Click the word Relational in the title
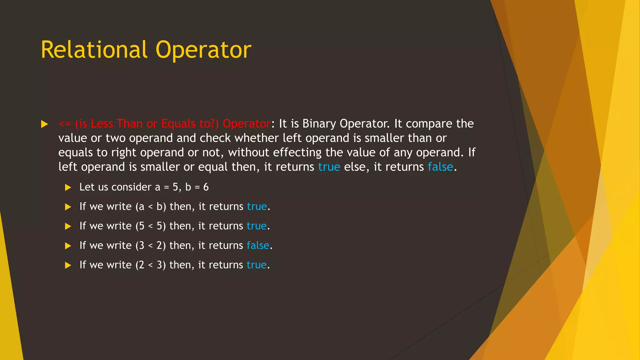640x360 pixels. click(x=94, y=50)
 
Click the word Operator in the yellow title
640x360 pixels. click(x=203, y=50)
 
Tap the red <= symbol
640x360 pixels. click(x=65, y=124)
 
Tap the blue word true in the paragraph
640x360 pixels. click(x=329, y=167)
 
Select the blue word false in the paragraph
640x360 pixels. click(x=440, y=167)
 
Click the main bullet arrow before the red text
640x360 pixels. click(x=44, y=124)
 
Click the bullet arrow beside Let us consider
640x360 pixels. click(x=68, y=187)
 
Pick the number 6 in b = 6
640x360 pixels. click(x=206, y=187)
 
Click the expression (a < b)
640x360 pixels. click(x=151, y=207)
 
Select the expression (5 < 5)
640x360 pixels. click(x=151, y=226)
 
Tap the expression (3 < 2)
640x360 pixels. click(x=151, y=246)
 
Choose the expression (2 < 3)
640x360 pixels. click(x=151, y=265)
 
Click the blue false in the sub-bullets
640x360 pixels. click(x=258, y=246)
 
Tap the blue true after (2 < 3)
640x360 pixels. click(x=257, y=265)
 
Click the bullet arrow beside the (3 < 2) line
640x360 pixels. click(x=68, y=246)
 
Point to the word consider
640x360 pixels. click(x=131, y=187)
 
